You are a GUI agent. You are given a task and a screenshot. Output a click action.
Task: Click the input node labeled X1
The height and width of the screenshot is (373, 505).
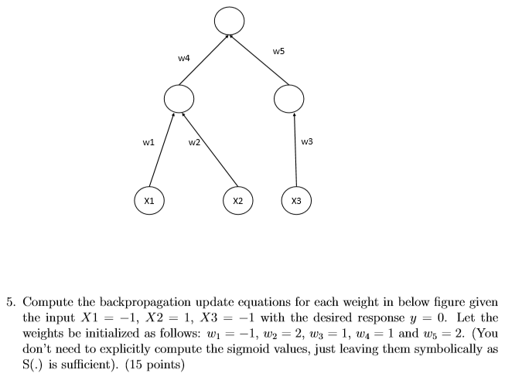[x=148, y=200]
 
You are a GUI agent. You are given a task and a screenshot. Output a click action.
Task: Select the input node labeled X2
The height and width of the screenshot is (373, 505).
[x=237, y=200]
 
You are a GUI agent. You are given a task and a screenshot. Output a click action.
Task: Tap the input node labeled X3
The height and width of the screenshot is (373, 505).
[x=296, y=200]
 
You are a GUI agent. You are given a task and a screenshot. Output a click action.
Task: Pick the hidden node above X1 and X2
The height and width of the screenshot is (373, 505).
[x=178, y=98]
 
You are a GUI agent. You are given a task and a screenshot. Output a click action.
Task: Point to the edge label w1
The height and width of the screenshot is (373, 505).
[x=148, y=142]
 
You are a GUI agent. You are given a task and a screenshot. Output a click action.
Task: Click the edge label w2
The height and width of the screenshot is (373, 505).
[x=194, y=142]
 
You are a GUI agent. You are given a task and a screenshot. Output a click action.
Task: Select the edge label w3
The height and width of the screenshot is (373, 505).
[x=307, y=141]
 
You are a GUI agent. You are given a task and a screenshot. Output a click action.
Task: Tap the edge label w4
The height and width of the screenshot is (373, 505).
[x=184, y=57]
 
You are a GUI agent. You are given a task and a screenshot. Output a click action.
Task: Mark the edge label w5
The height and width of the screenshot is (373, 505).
[x=278, y=51]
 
